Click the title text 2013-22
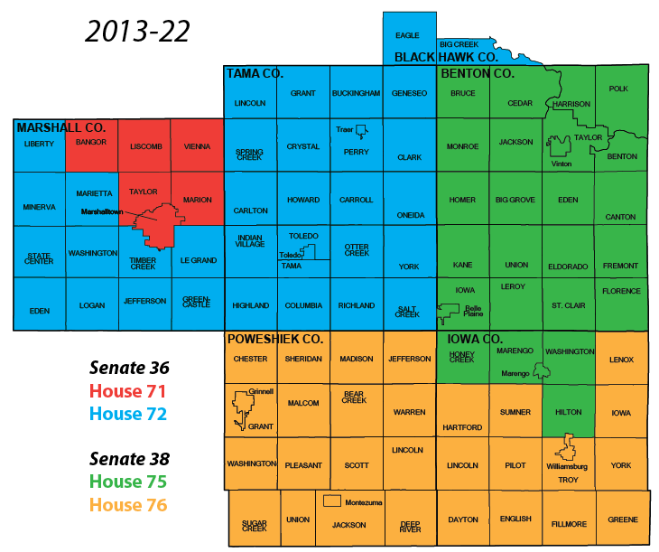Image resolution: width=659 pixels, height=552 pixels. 137,31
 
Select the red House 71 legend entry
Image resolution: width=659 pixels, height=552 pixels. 128,391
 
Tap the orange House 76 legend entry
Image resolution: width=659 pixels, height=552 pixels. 128,505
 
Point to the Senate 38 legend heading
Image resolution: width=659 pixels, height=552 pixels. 129,459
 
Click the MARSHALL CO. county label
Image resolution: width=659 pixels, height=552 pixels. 61,128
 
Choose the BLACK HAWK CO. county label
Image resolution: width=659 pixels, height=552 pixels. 446,57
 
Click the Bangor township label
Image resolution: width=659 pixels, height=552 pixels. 91,142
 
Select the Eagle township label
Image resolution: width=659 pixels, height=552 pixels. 408,35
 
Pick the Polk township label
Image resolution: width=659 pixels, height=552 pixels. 618,89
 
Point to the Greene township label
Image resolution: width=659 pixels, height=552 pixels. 622,519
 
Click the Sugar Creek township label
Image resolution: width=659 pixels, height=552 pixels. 254,525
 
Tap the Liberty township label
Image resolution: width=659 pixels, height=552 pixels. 39,144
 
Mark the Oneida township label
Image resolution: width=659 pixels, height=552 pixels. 409,215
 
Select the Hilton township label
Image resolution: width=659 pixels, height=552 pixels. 568,411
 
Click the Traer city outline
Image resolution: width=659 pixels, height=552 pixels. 361,130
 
